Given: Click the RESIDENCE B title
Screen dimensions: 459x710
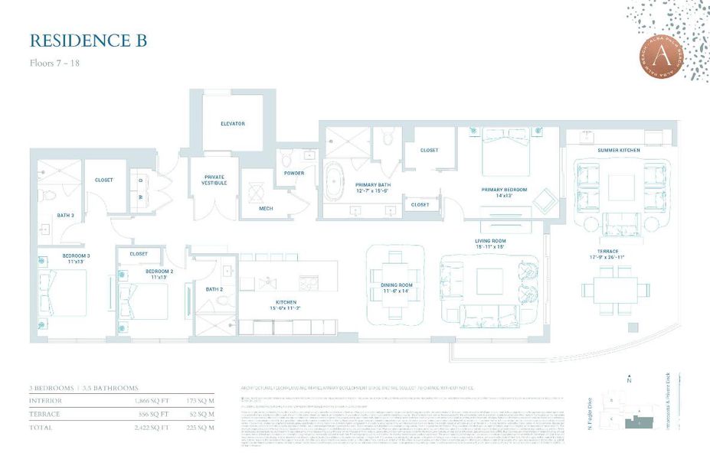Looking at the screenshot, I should (x=88, y=41).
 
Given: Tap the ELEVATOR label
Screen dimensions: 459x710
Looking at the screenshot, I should (x=232, y=123).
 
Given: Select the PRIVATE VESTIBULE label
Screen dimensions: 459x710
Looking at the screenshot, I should (x=214, y=180).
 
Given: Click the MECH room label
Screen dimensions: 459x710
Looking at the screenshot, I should (x=266, y=207).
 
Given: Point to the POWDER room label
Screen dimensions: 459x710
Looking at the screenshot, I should (x=294, y=173).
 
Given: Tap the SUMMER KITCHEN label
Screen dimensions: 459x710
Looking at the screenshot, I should (x=619, y=150).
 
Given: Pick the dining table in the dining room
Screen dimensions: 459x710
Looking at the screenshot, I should (x=396, y=287).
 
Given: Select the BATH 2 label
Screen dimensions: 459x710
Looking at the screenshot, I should (x=214, y=289).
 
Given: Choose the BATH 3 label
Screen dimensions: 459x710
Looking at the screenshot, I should (x=66, y=215).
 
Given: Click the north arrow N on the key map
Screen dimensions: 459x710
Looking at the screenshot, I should (x=628, y=379).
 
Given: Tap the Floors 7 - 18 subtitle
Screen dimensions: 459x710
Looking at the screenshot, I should (x=54, y=63).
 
